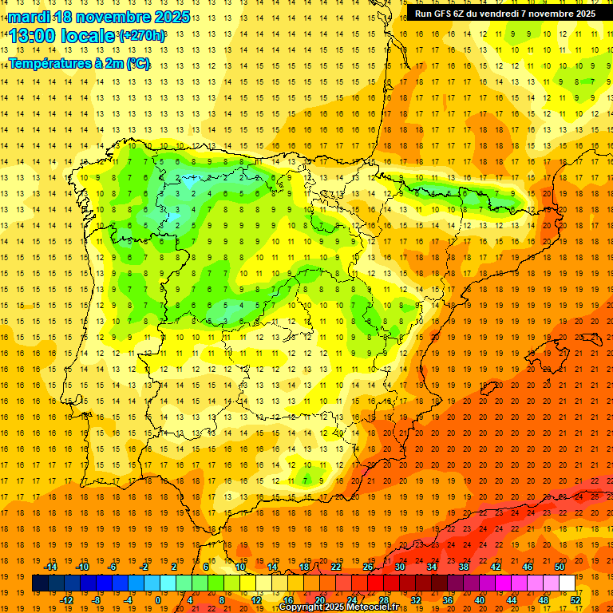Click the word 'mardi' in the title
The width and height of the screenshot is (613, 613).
tap(29, 17)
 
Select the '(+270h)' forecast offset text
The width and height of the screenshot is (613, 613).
tap(142, 36)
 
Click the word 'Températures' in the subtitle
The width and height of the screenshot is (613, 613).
tap(47, 65)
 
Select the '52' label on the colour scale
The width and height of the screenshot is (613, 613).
tap(575, 599)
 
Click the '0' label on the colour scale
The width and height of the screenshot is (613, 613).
tap(157, 599)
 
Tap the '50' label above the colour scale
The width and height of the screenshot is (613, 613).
tap(560, 566)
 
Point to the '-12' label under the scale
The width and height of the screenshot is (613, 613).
tap(66, 599)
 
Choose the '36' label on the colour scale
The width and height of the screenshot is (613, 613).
tap(447, 599)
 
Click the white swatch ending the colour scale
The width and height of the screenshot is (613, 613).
tap(567, 583)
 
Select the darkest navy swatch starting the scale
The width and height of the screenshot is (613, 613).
tap(40, 583)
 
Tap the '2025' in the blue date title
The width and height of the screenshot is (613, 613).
tap(169, 17)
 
